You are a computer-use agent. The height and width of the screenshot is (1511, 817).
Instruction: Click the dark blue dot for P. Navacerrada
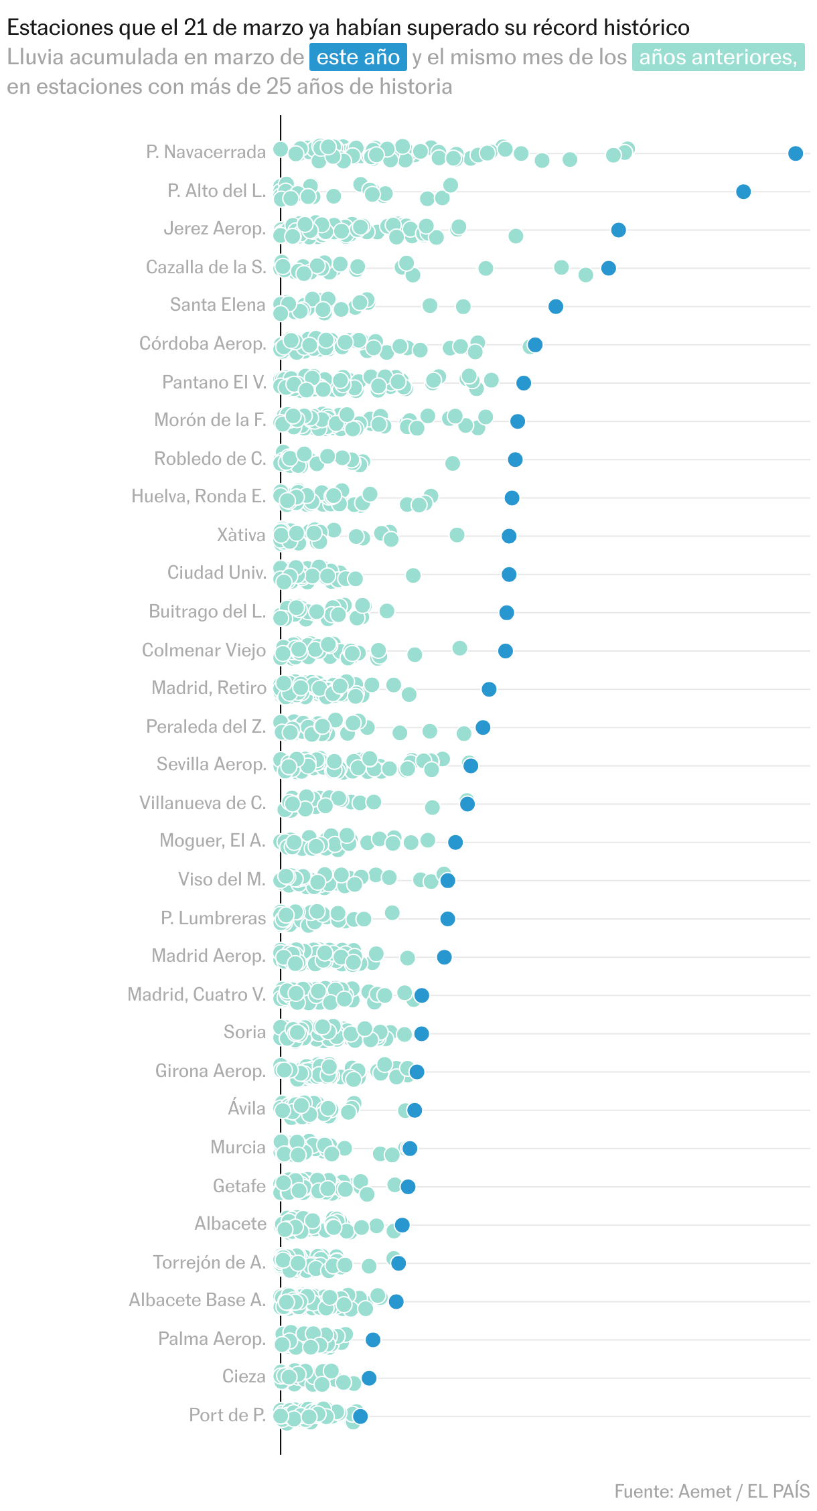(795, 153)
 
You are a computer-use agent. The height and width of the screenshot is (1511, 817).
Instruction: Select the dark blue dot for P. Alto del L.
(743, 192)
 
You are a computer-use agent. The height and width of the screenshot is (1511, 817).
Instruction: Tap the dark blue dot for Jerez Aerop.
(618, 230)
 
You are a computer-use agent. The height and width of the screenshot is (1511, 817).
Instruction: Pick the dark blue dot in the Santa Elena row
(555, 307)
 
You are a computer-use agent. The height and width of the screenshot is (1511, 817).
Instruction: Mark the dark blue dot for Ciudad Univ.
(509, 574)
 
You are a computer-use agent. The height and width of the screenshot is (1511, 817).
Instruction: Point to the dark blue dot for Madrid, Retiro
(489, 689)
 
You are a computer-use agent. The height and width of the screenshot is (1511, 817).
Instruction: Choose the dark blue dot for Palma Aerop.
(373, 1340)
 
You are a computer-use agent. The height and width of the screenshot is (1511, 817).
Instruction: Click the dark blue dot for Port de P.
(360, 1416)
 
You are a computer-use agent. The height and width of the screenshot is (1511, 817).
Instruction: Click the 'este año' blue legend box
(358, 58)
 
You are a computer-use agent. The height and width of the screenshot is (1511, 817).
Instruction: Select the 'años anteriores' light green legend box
(718, 58)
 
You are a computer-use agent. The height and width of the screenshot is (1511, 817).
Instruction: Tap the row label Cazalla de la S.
(206, 267)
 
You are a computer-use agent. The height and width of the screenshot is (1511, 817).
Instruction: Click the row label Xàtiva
(241, 535)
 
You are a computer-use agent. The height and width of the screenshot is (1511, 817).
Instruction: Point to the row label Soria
(244, 1032)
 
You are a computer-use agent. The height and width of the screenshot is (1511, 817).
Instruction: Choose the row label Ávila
(246, 1108)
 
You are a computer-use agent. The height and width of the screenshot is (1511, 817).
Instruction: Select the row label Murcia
(238, 1147)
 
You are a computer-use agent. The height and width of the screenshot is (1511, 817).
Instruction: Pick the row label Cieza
(244, 1376)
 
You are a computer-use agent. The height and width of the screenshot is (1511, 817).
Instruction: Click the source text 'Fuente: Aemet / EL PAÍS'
(712, 1492)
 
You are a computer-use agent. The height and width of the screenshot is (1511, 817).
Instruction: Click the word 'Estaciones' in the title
(51, 27)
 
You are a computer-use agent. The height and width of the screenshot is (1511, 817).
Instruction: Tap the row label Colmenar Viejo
(204, 650)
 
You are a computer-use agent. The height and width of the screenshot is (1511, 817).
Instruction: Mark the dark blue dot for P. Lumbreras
(447, 919)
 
